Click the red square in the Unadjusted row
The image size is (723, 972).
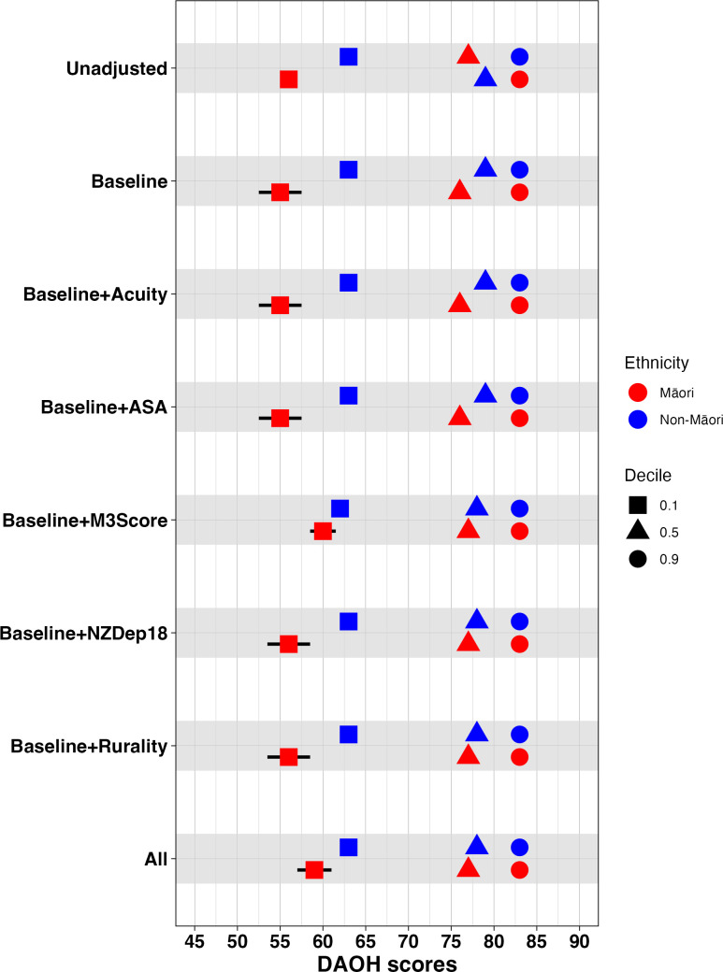point(289,79)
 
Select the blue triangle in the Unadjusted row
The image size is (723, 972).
point(485,78)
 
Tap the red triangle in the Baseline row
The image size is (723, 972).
point(459,191)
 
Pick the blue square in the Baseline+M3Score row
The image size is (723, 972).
point(340,508)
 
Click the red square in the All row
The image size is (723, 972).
point(314,870)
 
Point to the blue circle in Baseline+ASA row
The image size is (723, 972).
point(519,395)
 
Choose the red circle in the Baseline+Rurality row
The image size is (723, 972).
point(519,757)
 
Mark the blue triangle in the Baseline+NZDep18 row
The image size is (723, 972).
point(477,620)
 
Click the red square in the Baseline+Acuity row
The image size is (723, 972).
point(280,305)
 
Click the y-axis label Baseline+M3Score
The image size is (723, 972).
point(85,520)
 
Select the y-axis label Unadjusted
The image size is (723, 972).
point(117,68)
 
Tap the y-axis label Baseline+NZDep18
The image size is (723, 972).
point(84,633)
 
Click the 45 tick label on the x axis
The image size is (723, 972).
point(195,942)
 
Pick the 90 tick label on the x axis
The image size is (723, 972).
point(579,942)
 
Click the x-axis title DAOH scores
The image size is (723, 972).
point(387,963)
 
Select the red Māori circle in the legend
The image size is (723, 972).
point(637,393)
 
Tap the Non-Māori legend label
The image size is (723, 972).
point(691,420)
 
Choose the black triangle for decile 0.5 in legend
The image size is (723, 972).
point(637,531)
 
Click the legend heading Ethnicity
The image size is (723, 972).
point(657,363)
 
